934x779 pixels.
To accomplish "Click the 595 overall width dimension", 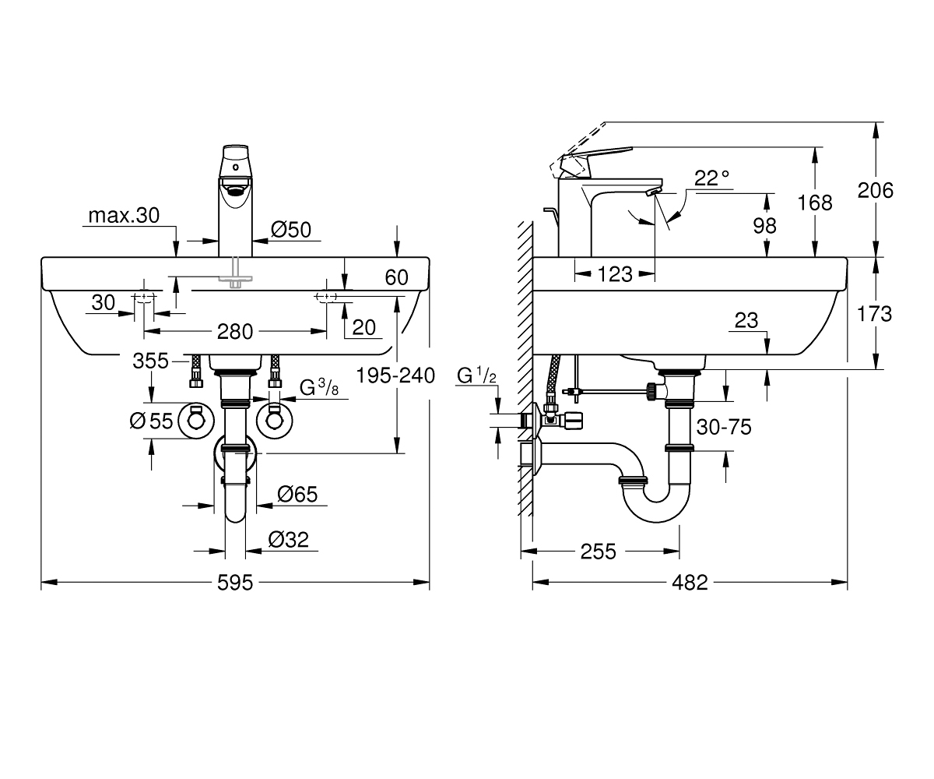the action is [x=235, y=583].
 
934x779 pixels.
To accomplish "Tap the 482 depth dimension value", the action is [x=690, y=583].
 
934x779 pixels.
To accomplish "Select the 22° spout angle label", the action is [x=711, y=178].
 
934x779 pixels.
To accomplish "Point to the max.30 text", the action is [x=124, y=215].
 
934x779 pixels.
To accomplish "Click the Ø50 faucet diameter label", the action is [x=291, y=230].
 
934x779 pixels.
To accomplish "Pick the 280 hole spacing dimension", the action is [x=235, y=332].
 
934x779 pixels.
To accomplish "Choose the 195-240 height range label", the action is [x=395, y=375].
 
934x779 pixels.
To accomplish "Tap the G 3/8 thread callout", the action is [x=319, y=388].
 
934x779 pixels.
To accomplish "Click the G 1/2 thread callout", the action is [x=476, y=375].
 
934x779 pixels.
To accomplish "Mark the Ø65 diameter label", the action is [x=297, y=494].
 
